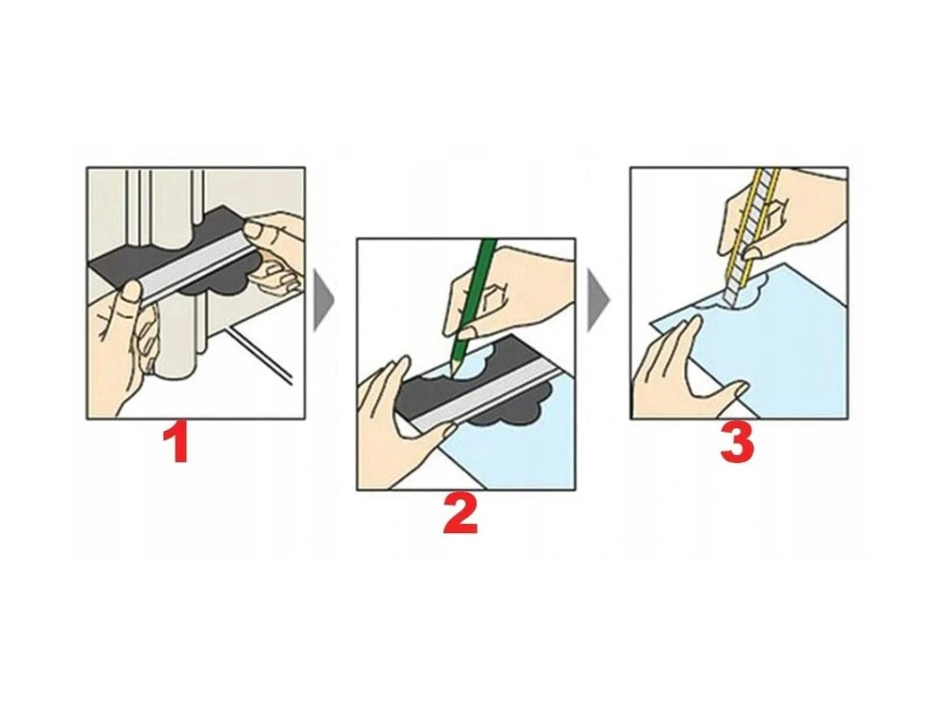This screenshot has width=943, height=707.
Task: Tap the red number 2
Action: [460, 515]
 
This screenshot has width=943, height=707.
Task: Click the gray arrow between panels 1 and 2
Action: [323, 301]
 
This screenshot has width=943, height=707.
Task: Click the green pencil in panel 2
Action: [472, 307]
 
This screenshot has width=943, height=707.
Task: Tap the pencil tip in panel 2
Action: [451, 375]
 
